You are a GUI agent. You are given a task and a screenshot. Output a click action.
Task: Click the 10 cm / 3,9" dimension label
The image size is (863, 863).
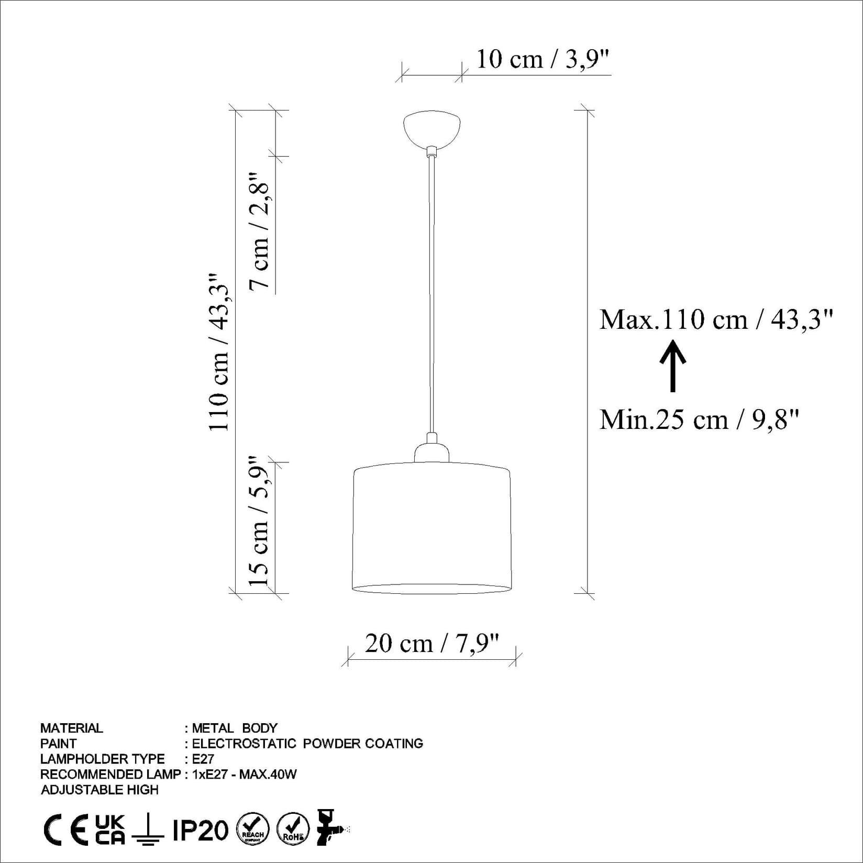(543, 59)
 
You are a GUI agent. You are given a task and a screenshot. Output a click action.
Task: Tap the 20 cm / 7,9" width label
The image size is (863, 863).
(432, 643)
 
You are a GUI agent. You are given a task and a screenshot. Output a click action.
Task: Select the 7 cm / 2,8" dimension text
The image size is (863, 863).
(260, 230)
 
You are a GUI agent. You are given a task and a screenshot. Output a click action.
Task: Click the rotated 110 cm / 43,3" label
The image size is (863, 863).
(219, 352)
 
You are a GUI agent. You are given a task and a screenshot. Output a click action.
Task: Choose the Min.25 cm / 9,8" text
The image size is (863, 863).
(700, 419)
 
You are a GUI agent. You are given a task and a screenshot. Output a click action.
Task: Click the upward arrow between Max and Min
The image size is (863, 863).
(673, 366)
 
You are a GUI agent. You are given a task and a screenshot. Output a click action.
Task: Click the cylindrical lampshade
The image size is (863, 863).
(432, 529)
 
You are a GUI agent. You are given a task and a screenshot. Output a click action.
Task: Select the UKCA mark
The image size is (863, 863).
(110, 830)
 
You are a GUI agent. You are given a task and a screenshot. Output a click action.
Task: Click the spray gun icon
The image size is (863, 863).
(330, 829)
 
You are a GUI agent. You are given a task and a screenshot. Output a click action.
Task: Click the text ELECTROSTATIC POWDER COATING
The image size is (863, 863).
(307, 744)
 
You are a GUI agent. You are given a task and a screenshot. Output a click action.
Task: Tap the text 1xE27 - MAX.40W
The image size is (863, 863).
(245, 774)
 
